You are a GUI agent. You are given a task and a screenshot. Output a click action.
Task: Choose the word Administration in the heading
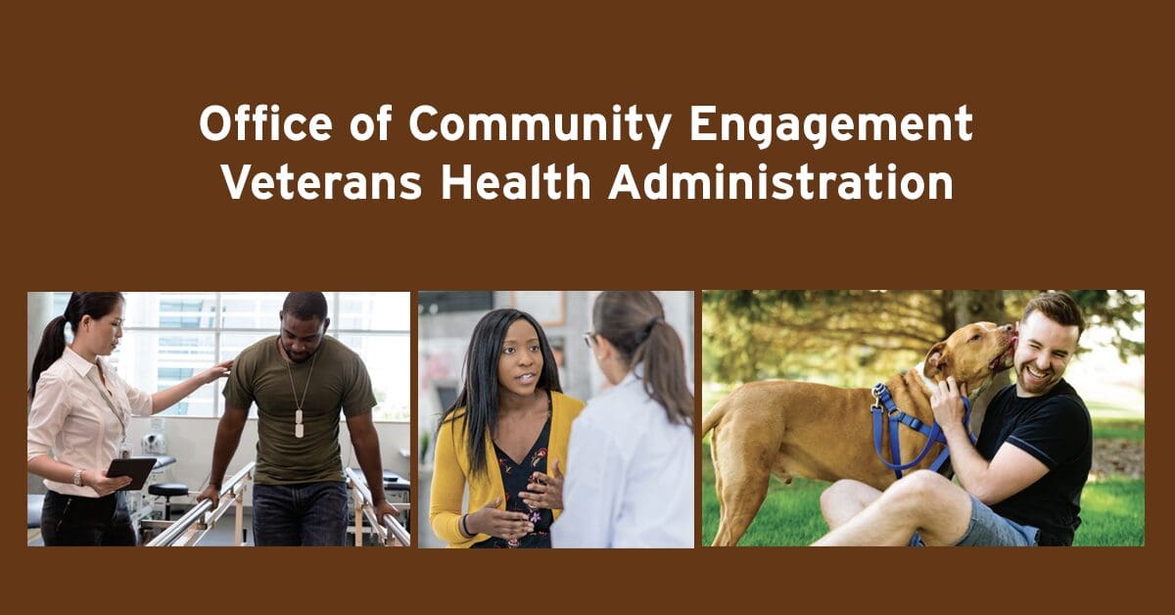point(780,182)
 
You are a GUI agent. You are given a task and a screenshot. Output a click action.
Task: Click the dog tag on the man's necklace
point(300,423)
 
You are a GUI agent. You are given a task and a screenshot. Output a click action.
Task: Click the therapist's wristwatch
point(79,477)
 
